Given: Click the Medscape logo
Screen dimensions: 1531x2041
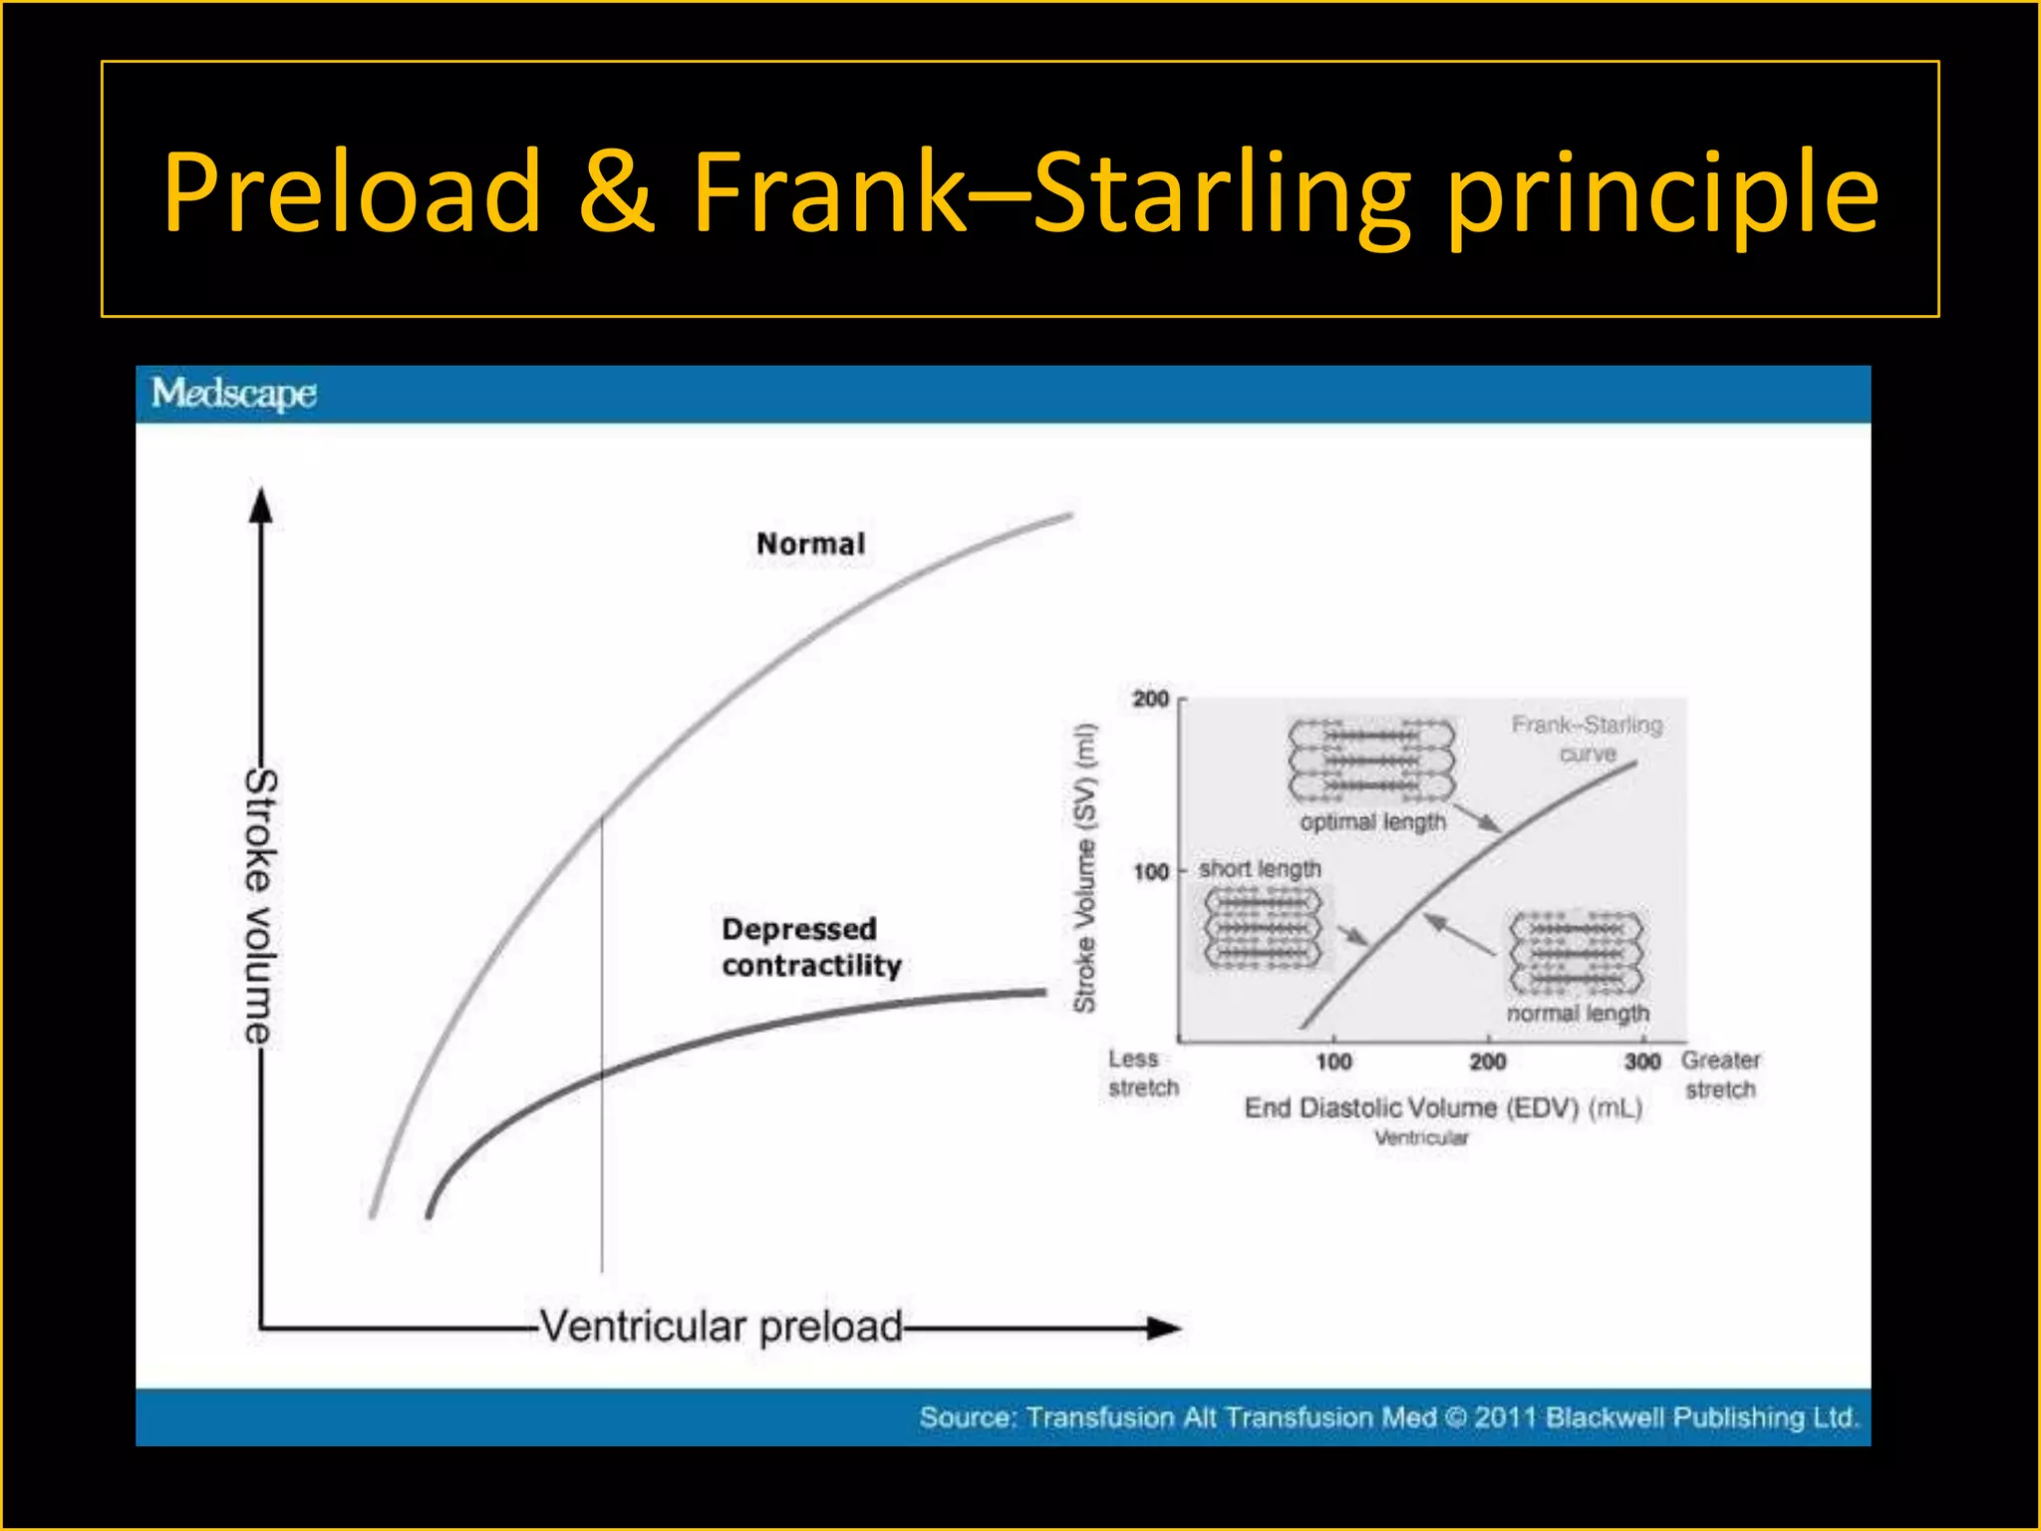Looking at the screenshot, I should pos(234,394).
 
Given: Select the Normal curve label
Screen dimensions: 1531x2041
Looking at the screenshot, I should pos(810,544).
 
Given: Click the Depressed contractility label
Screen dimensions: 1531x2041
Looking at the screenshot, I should pos(811,947).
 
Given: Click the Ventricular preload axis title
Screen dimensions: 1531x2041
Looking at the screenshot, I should pos(721,1327).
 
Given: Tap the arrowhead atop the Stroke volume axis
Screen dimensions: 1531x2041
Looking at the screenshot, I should pos(261,505).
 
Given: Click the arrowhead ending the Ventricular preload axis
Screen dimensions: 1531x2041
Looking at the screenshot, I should pos(1163,1328).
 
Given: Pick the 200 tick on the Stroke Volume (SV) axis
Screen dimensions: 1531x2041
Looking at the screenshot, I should pos(1151,699).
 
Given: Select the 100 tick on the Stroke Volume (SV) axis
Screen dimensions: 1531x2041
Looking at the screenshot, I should pos(1151,872).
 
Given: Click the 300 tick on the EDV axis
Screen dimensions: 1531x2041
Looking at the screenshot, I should pos(1642,1062).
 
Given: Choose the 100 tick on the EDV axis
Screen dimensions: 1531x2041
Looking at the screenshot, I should pos(1333,1062).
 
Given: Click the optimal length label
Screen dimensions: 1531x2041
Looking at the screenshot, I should pos(1372,822).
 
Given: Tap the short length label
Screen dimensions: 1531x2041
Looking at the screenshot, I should pos(1260,869).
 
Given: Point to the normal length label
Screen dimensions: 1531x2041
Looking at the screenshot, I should pos(1578,1013).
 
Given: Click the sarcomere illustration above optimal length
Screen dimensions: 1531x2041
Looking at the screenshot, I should pos(1371,761).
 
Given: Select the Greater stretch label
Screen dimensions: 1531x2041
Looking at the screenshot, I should pos(1721,1074).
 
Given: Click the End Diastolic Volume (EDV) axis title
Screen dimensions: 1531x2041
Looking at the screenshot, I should pos(1443,1108).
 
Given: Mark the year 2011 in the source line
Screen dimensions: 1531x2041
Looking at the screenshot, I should pos(1506,1417).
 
